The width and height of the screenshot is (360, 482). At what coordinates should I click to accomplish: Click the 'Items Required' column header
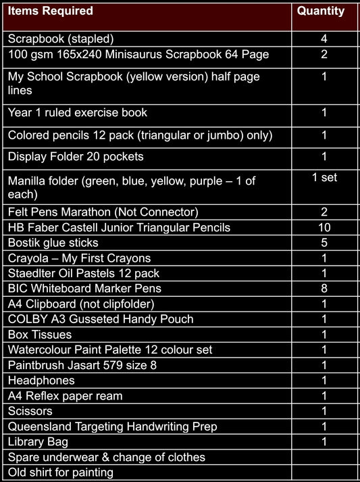[x=51, y=11]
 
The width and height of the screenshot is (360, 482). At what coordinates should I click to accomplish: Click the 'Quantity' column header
[x=321, y=11]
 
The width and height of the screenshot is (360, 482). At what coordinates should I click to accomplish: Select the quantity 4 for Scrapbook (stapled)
[x=324, y=39]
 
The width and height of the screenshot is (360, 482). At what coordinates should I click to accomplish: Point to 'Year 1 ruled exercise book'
[x=78, y=112]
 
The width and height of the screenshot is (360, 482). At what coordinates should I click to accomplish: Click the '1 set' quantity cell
[x=324, y=178]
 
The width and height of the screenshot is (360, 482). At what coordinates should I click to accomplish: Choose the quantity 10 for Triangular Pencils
[x=324, y=227]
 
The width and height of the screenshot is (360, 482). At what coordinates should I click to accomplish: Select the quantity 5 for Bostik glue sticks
[x=324, y=243]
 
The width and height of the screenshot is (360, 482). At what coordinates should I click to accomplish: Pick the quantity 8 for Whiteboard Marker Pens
[x=324, y=289]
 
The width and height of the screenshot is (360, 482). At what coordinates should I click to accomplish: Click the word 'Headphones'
[x=41, y=381]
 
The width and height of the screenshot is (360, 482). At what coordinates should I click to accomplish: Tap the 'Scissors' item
[x=30, y=411]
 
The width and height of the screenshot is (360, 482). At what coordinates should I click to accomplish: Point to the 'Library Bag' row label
[x=38, y=442]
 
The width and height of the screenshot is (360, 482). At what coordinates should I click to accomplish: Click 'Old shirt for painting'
[x=61, y=473]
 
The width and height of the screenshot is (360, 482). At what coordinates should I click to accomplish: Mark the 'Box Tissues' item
[x=40, y=335]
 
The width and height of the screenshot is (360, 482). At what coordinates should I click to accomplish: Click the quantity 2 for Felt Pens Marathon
[x=324, y=212]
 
